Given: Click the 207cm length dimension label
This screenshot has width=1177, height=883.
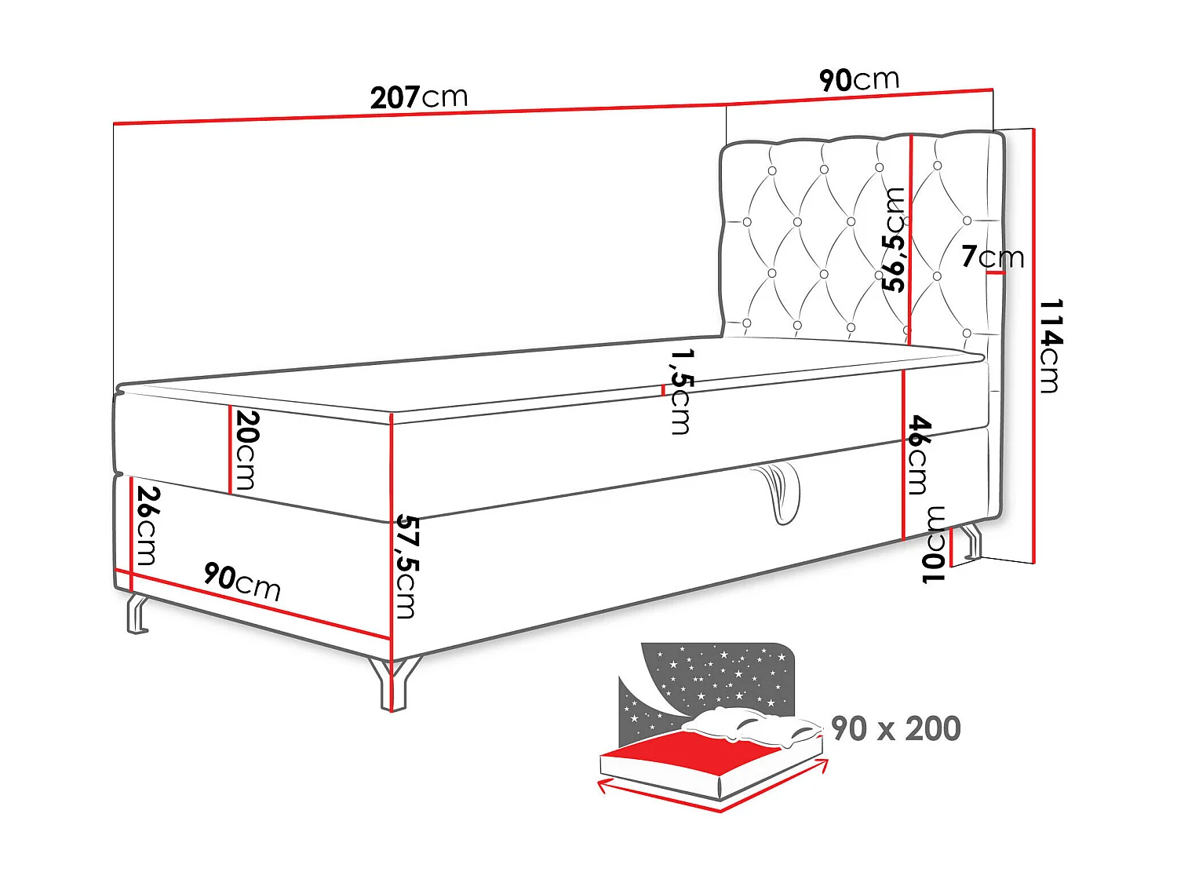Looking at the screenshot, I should pos(419,97).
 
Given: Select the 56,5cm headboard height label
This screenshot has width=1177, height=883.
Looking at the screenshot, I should pos(894,239).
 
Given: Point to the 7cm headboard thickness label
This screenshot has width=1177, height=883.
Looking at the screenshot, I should pos(993,257).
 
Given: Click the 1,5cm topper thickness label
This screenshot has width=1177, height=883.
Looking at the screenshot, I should pos(680,392).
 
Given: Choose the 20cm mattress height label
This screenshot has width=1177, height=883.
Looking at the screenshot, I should pos(245,450).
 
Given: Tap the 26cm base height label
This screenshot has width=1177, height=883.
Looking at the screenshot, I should pos(146,525).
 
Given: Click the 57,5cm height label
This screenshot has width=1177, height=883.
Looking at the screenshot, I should pos(406,566).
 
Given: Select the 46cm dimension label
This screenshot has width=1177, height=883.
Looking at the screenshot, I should pos(919,454).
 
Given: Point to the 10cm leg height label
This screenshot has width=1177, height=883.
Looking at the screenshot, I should pos(935,545).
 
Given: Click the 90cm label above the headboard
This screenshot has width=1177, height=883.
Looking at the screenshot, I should pos(858,79).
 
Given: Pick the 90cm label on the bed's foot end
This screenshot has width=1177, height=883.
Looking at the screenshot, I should pos(242,581).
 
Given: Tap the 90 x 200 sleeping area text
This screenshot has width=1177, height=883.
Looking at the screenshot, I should pos(895,728).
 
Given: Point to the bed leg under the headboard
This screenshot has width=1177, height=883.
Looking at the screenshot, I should pos(970,543).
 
